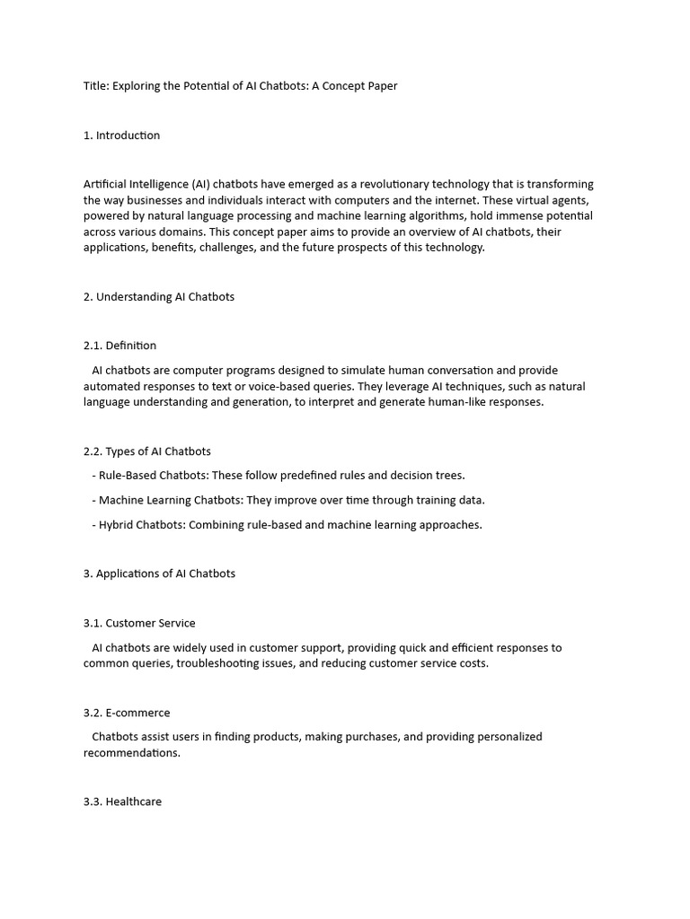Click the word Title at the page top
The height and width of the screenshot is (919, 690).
coord(96,86)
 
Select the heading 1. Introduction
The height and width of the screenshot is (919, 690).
coord(121,136)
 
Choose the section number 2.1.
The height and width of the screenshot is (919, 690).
coord(93,346)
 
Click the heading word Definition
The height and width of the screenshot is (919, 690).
coord(131,346)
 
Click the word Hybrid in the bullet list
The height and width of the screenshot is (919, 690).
coord(116,525)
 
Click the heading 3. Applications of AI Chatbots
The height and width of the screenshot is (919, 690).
coord(159,574)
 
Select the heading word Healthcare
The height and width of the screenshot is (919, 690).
coord(134,801)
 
